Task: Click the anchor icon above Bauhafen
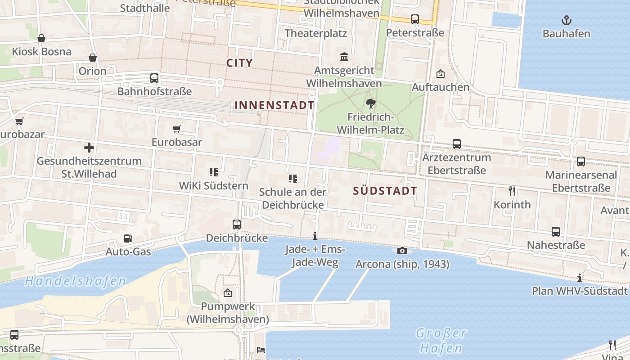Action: [567, 20]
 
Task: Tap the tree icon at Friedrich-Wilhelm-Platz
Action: [371, 103]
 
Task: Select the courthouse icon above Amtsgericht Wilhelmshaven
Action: [344, 57]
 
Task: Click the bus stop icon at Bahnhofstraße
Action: [154, 78]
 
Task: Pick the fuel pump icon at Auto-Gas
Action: [128, 238]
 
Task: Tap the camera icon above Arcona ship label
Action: [402, 251]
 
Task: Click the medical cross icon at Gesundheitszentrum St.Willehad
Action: [89, 147]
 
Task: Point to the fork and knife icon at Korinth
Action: [512, 191]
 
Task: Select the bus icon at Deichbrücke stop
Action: [237, 224]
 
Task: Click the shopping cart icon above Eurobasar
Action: [177, 129]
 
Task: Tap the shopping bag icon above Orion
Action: [93, 58]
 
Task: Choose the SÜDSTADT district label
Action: [385, 191]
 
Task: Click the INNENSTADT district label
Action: [274, 105]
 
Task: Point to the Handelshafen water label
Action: [75, 281]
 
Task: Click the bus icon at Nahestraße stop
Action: [556, 232]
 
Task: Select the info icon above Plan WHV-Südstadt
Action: [580, 278]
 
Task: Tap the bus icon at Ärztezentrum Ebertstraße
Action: [457, 144]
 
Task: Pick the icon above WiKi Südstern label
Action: [214, 172]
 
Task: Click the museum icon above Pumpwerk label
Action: [228, 293]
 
